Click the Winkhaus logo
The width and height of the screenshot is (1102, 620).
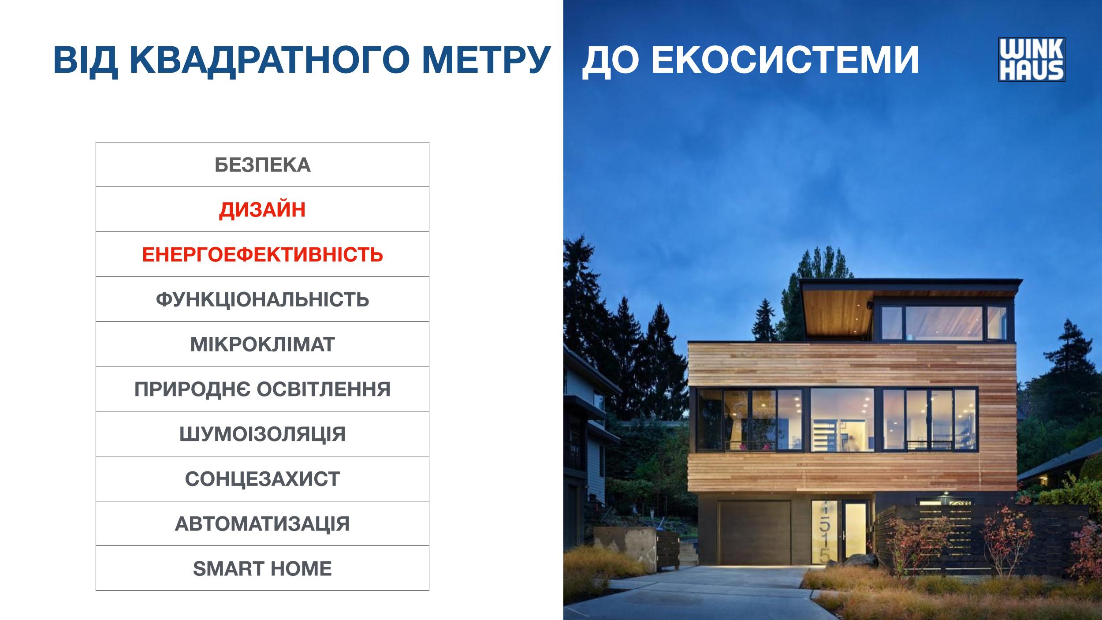[x=1031, y=59]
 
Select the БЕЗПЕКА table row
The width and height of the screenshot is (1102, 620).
[x=262, y=164]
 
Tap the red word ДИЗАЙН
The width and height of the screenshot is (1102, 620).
[x=262, y=209]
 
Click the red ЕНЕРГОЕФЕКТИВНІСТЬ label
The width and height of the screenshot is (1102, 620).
[x=262, y=254]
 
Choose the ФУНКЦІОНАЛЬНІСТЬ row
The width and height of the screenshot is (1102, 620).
[x=262, y=299]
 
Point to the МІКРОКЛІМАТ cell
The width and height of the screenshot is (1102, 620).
[x=262, y=344]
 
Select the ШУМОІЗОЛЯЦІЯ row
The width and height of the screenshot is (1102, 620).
[x=262, y=434]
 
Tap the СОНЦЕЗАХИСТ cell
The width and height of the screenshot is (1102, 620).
[x=262, y=479]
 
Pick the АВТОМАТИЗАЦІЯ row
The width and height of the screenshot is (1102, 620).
[x=262, y=524]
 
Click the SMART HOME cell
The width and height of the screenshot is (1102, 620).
[x=262, y=568]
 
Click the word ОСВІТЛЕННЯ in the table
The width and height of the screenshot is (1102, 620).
[x=324, y=389]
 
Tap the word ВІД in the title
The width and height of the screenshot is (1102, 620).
[x=86, y=60]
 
